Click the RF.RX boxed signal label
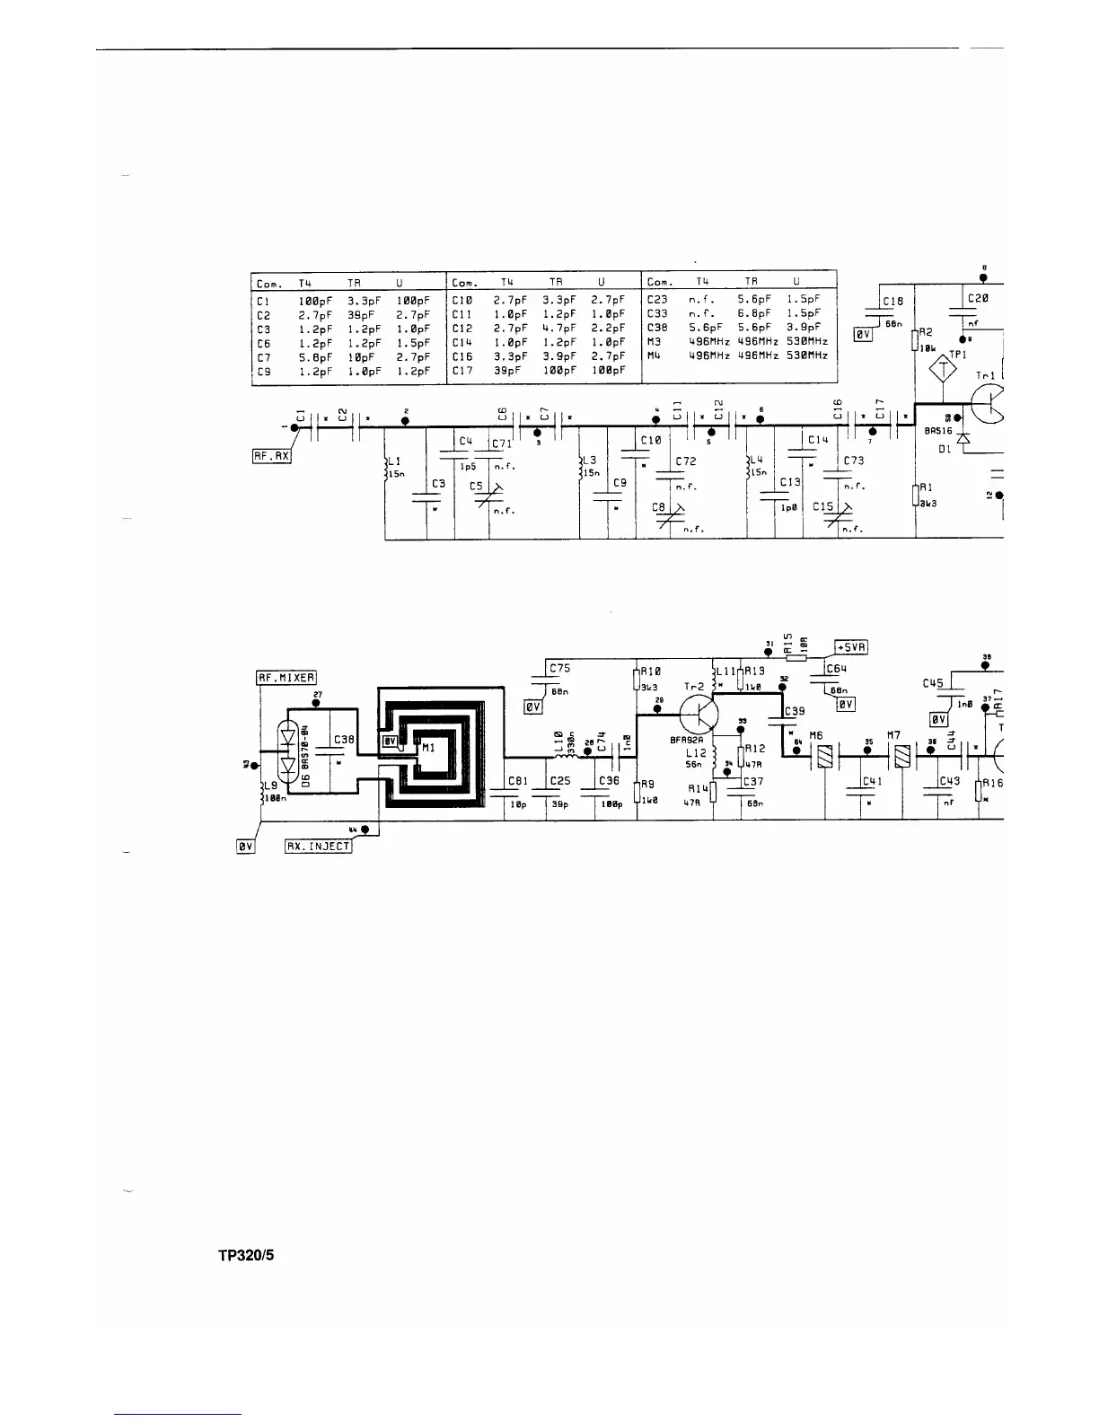271,456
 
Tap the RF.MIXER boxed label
286,679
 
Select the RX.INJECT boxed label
319,847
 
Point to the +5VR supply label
851,647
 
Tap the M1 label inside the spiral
428,747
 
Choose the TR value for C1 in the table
360,301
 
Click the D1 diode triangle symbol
963,437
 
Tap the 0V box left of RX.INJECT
245,847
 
